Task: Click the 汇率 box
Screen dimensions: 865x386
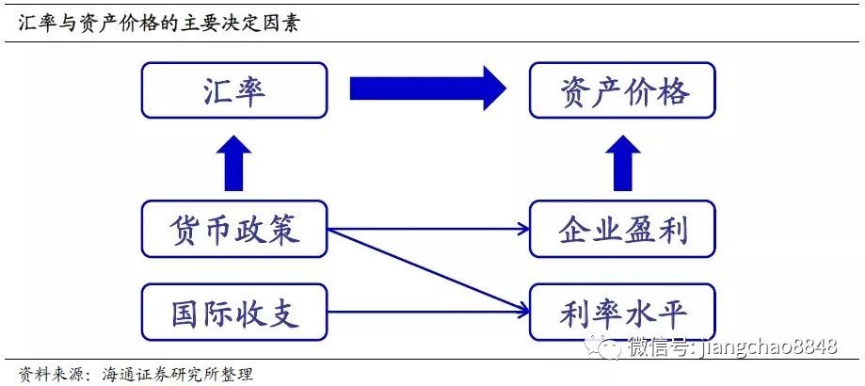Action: click(x=234, y=89)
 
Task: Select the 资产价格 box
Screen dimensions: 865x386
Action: click(x=622, y=89)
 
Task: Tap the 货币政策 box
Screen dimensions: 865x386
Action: click(x=234, y=229)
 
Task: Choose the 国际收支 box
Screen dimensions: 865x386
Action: click(x=234, y=313)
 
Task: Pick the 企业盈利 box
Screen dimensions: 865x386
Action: click(x=622, y=229)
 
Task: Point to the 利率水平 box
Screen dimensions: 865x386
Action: click(x=622, y=313)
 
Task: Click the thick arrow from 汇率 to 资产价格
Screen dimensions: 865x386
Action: click(x=428, y=88)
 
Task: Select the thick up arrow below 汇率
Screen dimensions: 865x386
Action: click(x=234, y=163)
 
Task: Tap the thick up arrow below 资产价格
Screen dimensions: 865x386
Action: click(x=623, y=163)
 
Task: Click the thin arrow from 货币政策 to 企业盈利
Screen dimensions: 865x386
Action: click(x=428, y=228)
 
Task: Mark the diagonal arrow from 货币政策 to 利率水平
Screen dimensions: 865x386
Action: click(x=428, y=270)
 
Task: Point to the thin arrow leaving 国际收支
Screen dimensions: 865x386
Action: click(x=428, y=313)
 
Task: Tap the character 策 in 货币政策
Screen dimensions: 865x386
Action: click(x=283, y=229)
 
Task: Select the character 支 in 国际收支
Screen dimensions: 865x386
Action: click(x=283, y=313)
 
